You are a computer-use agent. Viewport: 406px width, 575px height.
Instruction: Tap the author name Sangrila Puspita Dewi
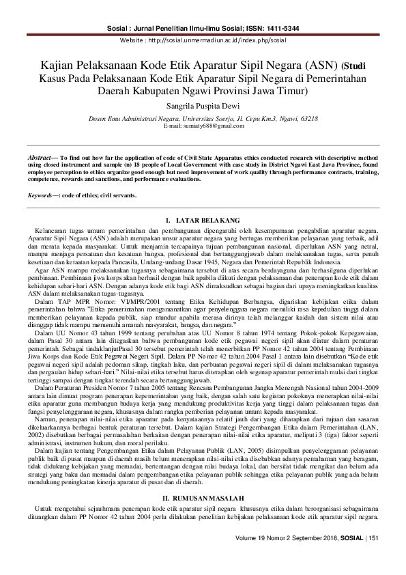(x=203, y=107)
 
